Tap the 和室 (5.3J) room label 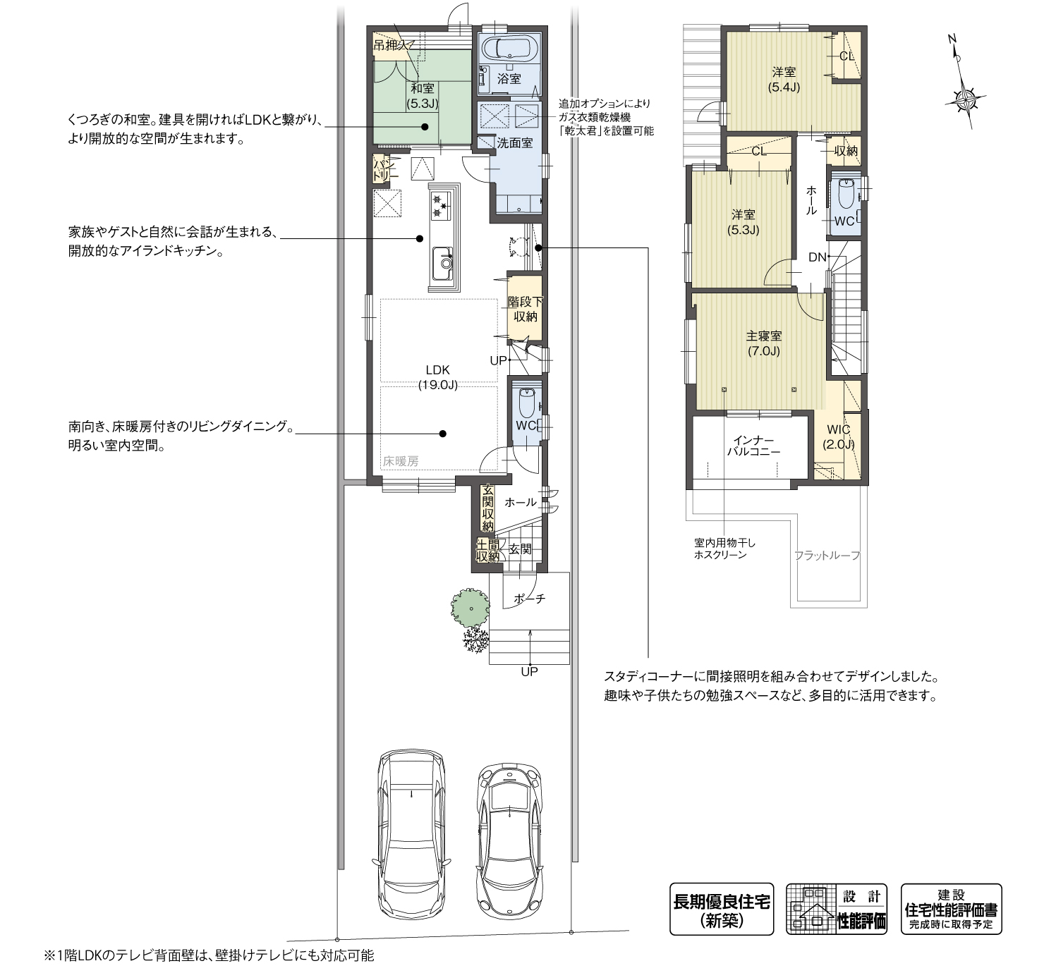pyautogui.click(x=423, y=95)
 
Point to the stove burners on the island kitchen pyautogui.click(x=440, y=204)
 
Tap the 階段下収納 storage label pyautogui.click(x=525, y=310)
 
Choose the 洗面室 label pyautogui.click(x=515, y=142)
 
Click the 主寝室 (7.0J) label pyautogui.click(x=763, y=343)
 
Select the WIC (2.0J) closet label pyautogui.click(x=838, y=436)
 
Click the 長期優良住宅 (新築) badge pyautogui.click(x=721, y=909)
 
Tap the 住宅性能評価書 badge pyautogui.click(x=951, y=909)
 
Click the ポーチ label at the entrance pyautogui.click(x=529, y=599)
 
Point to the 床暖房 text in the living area pyautogui.click(x=401, y=462)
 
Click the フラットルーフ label pyautogui.click(x=827, y=555)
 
